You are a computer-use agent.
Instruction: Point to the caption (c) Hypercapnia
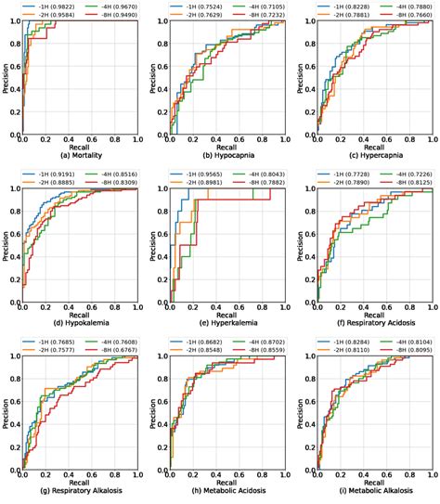click(372, 155)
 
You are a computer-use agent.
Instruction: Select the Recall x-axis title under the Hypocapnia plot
click(226, 147)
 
